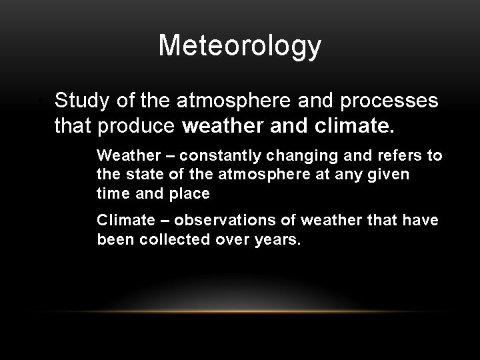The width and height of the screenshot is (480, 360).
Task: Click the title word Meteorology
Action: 240,46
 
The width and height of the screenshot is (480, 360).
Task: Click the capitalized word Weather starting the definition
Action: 126,156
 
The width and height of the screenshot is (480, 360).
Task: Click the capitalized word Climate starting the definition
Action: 123,221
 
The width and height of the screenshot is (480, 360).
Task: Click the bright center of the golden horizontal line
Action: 240,311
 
